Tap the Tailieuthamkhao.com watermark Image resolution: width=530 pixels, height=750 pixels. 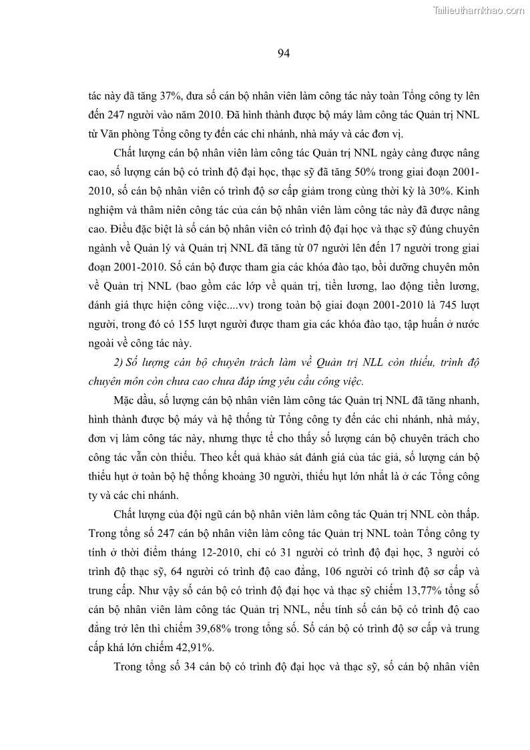pyautogui.click(x=479, y=10)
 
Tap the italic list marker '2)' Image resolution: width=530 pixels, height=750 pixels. pyautogui.click(x=120, y=363)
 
